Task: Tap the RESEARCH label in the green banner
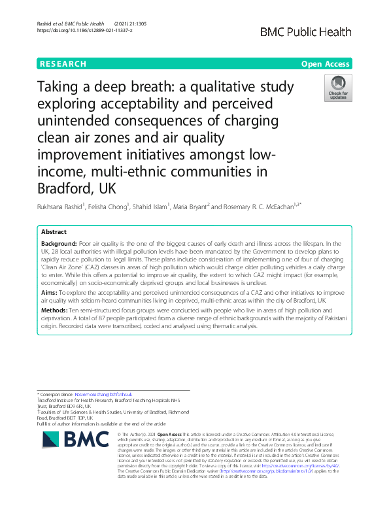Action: [x=63, y=64]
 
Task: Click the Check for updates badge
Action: [x=338, y=88]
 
